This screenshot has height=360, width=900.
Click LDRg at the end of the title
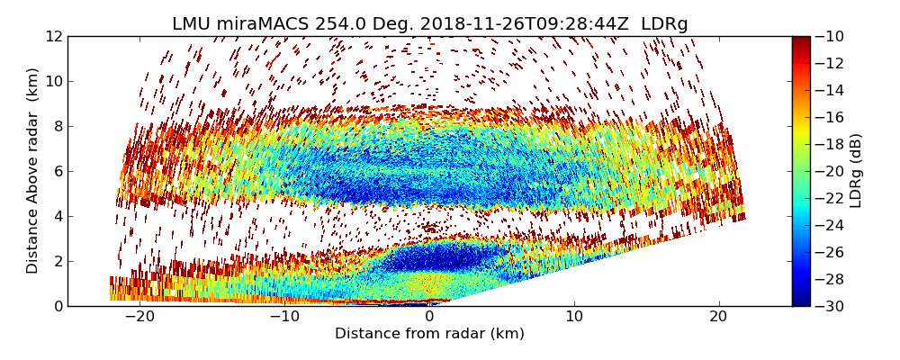664,24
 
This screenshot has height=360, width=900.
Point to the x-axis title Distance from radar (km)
429,334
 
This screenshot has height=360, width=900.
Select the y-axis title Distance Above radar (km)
32,170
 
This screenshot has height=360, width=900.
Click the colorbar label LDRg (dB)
856,170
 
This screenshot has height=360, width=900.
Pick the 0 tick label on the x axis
429,317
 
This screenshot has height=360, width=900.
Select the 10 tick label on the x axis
573,317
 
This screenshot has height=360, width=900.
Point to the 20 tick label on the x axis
718,317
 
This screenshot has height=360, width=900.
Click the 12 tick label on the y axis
54,37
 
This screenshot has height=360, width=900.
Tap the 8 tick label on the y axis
58,126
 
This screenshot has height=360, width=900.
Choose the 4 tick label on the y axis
58,216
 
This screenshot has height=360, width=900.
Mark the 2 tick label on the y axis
58,261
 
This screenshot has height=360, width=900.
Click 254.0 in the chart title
339,24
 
